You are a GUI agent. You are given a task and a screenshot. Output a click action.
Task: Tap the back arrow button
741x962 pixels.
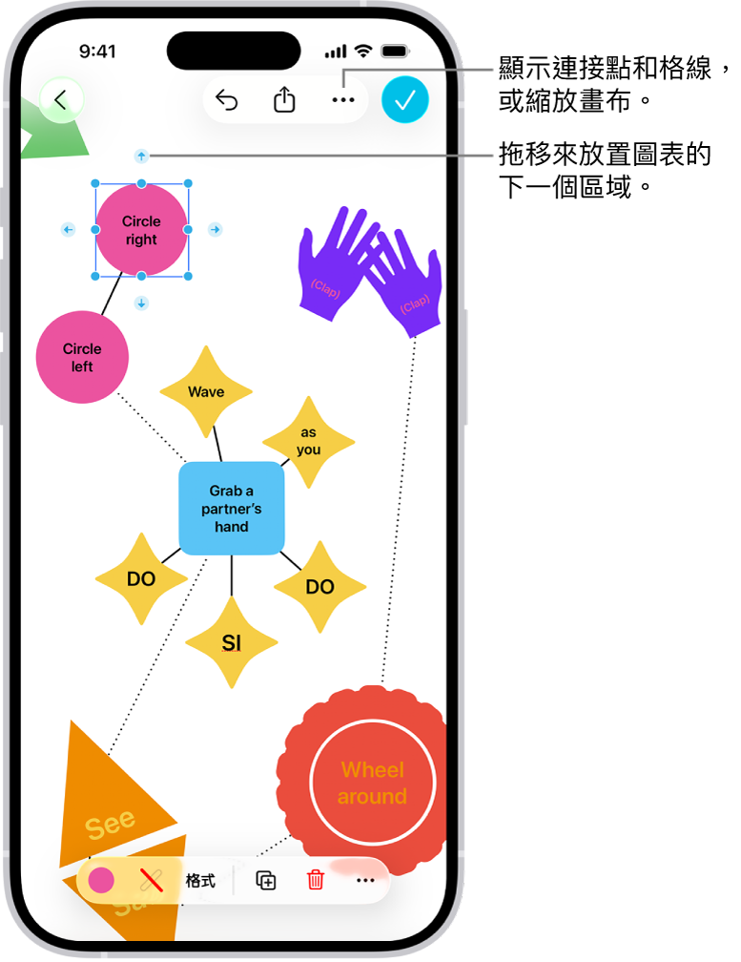point(61,99)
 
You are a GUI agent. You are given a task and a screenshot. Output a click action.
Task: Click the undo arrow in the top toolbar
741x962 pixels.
point(226,99)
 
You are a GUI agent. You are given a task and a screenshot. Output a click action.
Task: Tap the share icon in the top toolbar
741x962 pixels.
point(284,99)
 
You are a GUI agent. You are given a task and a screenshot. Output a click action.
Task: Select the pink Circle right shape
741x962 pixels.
point(141,230)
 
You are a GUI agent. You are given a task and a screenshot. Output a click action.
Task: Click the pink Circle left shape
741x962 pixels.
point(82,357)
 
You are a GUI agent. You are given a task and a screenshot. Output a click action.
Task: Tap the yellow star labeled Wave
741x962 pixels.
point(206,391)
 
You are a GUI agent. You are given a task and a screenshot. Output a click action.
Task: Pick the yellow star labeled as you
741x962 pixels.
point(308,441)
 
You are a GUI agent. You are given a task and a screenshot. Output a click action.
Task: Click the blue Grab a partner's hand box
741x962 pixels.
point(232,509)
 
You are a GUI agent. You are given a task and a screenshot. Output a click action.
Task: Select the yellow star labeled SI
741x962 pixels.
point(232,643)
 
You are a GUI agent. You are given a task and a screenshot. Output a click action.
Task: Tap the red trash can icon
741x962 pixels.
point(316,880)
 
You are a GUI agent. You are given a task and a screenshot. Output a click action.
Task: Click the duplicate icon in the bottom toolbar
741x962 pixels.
point(266,880)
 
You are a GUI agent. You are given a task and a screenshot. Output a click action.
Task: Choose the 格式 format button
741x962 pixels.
point(200,880)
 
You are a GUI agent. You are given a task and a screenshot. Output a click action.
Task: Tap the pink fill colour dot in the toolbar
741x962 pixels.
point(101,880)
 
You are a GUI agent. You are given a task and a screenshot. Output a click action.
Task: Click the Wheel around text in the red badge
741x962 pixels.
point(373,783)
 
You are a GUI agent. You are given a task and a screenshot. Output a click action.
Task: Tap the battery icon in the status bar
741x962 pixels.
point(392,52)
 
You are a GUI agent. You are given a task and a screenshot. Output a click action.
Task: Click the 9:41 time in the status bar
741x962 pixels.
point(97,52)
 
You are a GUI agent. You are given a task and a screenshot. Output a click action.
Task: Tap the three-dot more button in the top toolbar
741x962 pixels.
point(342,99)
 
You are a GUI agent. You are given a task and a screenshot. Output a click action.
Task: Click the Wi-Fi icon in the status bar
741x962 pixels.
point(362,52)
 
